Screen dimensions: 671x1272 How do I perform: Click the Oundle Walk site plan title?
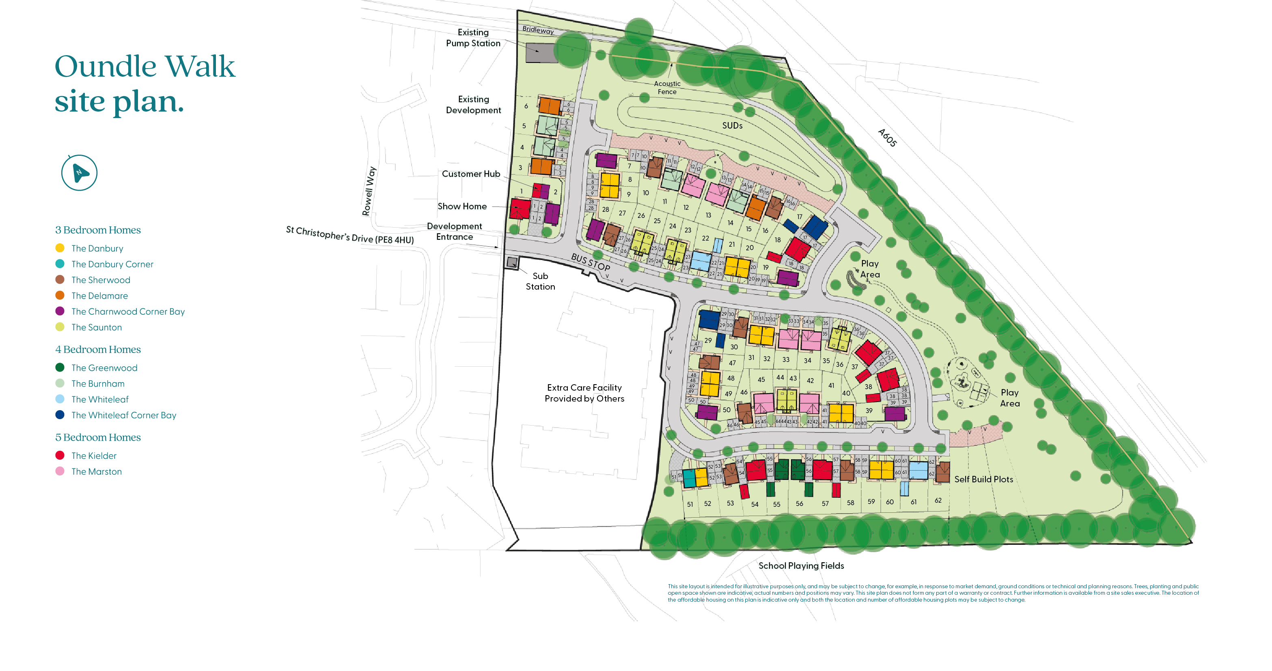(144, 84)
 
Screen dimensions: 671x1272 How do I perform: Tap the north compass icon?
(79, 173)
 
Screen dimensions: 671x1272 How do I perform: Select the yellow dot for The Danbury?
(60, 248)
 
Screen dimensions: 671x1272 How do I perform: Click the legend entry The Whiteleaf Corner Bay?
(123, 415)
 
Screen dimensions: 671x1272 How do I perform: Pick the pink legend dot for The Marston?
(60, 471)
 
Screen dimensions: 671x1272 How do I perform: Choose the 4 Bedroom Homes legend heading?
(98, 349)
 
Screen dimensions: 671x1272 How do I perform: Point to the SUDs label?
(732, 126)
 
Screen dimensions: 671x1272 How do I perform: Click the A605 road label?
(887, 138)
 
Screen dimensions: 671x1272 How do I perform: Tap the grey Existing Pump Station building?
(541, 53)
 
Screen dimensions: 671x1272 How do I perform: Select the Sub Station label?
(540, 281)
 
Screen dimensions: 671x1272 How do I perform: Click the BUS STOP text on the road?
(591, 262)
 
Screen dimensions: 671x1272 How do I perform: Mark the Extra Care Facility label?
(584, 393)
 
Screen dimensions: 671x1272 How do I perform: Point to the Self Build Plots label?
(983, 480)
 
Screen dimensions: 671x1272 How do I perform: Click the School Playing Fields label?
(801, 566)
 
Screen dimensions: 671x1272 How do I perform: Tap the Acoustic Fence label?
(667, 88)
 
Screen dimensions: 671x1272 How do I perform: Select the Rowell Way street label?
(369, 191)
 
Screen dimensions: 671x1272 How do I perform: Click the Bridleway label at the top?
(538, 30)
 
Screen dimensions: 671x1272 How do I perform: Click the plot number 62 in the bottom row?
(938, 500)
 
